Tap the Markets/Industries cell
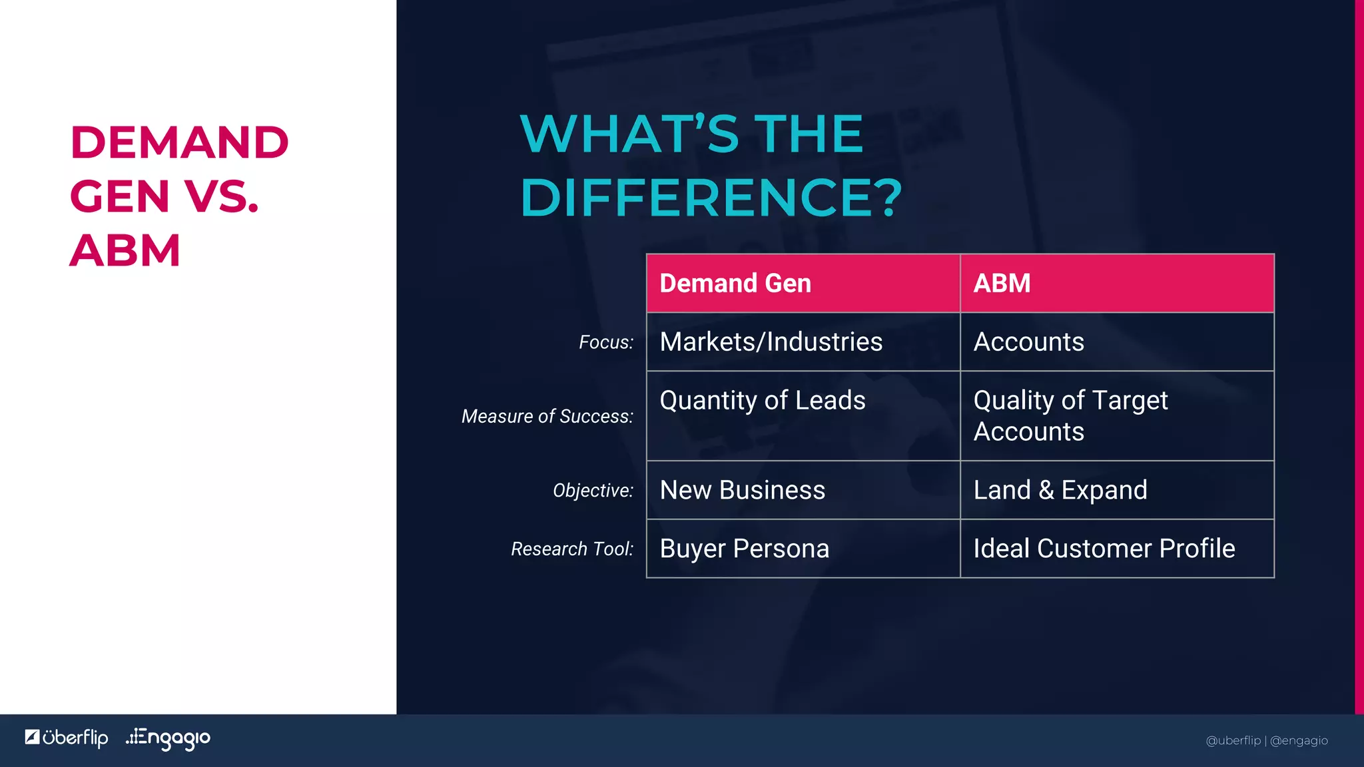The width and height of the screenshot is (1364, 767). tap(771, 342)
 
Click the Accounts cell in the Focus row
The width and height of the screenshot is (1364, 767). tap(1028, 342)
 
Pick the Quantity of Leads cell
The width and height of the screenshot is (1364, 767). tap(762, 401)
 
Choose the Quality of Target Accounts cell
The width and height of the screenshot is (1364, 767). tap(1070, 416)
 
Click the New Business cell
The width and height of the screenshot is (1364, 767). tap(742, 491)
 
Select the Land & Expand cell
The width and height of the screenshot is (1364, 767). tap(1060, 491)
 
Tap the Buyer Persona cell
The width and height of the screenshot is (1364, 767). tap(744, 549)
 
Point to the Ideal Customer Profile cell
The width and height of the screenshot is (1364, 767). tap(1104, 549)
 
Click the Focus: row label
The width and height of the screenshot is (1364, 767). tap(605, 343)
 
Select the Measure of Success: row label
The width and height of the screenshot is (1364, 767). tap(547, 417)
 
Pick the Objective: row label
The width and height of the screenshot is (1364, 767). tap(593, 491)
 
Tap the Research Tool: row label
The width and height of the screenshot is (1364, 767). tap(571, 549)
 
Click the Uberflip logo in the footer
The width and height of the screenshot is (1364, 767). tap(67, 738)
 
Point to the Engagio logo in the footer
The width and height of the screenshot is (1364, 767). tap(168, 738)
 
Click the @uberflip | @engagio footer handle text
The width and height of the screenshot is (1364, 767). tap(1266, 740)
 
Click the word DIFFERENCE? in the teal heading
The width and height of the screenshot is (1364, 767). tap(711, 198)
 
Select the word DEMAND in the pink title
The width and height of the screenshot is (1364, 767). tap(179, 142)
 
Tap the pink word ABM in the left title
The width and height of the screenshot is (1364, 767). tap(125, 251)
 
